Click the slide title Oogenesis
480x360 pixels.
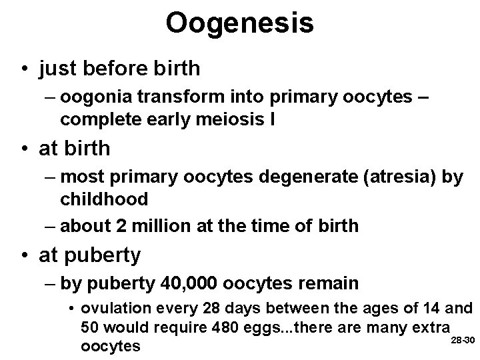239,23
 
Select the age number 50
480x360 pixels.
89,328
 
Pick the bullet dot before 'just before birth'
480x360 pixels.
24,69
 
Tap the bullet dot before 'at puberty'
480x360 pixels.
24,255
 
